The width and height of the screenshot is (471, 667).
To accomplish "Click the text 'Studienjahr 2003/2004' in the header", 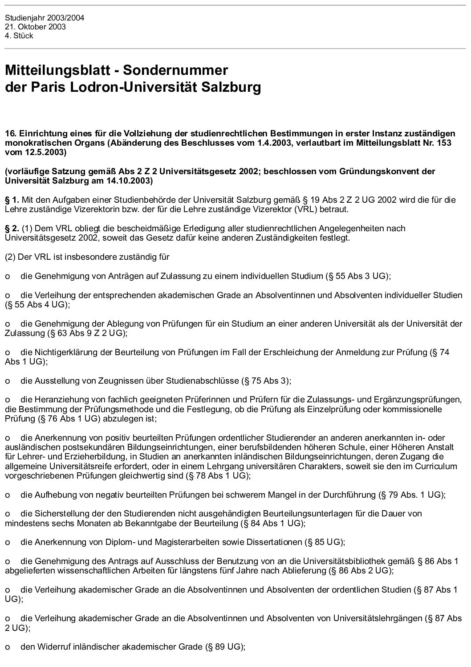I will [45, 18].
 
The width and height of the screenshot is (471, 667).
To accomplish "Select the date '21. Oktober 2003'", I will [35, 27].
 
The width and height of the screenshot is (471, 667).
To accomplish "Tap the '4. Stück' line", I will [19, 36].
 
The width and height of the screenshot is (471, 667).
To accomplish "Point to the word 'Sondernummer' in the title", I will [175, 70].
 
